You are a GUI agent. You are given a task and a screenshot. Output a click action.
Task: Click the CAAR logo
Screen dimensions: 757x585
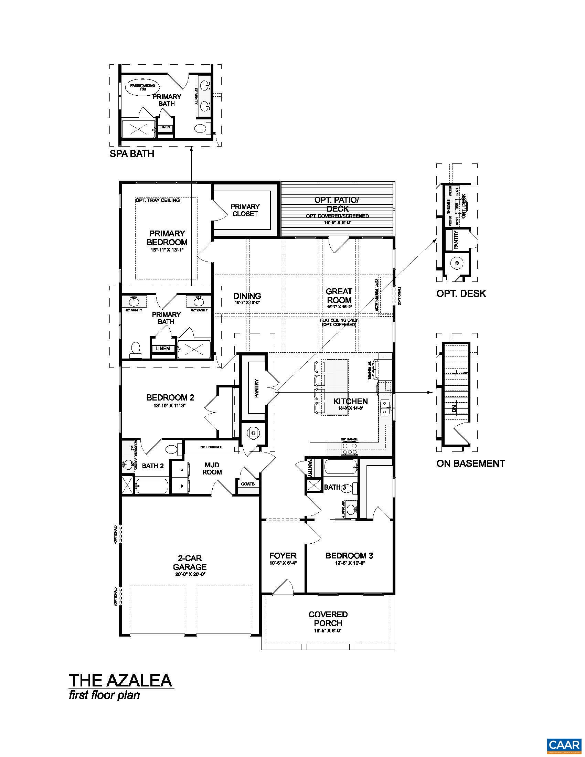(x=564, y=744)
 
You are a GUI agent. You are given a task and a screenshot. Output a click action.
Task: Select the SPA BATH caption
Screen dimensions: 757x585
(x=132, y=154)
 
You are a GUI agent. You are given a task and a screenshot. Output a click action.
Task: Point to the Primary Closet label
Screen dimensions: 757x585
(x=245, y=210)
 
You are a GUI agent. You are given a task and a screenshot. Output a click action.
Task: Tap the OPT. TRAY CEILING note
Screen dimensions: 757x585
(x=157, y=200)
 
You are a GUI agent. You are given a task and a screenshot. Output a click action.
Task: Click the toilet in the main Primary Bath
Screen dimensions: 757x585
(x=136, y=349)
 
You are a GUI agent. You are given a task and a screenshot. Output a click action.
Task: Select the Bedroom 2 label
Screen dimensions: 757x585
(x=170, y=397)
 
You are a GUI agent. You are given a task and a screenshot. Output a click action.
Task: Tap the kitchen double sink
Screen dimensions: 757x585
(x=385, y=407)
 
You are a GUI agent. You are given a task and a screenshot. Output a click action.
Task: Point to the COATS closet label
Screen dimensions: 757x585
(x=247, y=484)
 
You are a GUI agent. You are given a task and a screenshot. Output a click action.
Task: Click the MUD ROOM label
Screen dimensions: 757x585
(x=212, y=468)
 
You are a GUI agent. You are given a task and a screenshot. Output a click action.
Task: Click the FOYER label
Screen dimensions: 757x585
(x=283, y=556)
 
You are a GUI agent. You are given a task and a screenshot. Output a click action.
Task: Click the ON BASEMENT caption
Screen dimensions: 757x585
(x=470, y=463)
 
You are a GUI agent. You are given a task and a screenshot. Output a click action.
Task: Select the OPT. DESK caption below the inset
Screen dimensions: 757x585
(x=461, y=294)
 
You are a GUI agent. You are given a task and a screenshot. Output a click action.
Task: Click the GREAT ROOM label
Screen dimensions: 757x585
(x=339, y=296)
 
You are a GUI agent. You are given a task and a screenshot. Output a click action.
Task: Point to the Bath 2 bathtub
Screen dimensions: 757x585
(x=152, y=486)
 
